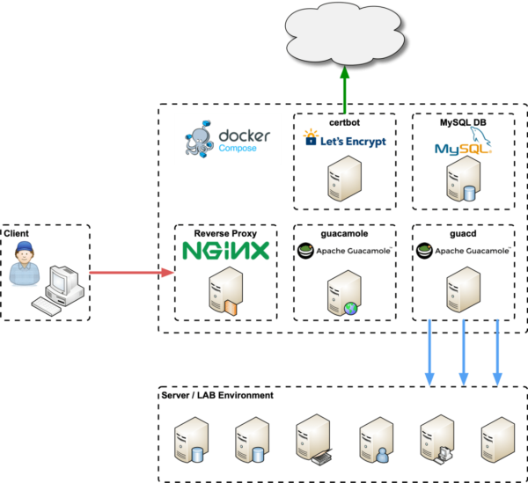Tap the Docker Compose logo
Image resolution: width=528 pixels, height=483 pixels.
pos(228,138)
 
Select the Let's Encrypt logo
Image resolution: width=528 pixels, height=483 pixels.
pos(345,138)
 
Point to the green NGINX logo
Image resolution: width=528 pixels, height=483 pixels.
pos(225,251)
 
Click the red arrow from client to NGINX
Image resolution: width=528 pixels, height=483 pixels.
pos(133,273)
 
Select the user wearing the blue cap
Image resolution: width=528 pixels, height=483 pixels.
pos(23,262)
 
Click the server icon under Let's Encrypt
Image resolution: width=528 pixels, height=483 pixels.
pos(344,179)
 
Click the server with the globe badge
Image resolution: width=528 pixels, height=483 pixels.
pos(342,292)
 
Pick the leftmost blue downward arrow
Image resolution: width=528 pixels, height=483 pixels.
pos(430,352)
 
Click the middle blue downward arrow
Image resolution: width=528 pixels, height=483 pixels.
pos(464,352)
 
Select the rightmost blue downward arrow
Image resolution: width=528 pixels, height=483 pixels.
pos(497,352)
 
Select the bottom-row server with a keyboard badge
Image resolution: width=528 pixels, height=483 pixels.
pos(313,440)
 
